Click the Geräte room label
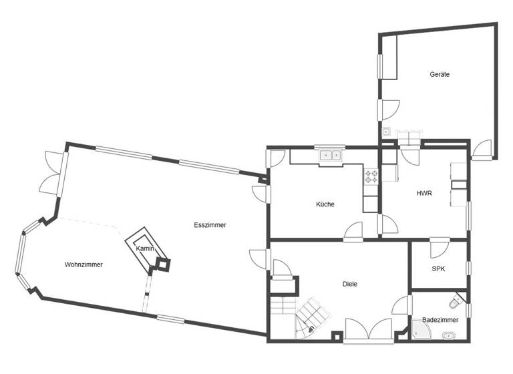(439, 75)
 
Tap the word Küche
(325, 204)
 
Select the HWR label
(424, 194)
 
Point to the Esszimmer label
(210, 225)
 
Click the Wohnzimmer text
(83, 264)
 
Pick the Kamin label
(146, 248)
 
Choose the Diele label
(349, 284)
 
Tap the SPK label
(438, 269)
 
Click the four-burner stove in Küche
(371, 177)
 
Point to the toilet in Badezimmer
(456, 305)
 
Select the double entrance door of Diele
(368, 330)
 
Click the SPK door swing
(440, 249)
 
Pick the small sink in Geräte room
(386, 132)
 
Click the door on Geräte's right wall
(482, 150)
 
